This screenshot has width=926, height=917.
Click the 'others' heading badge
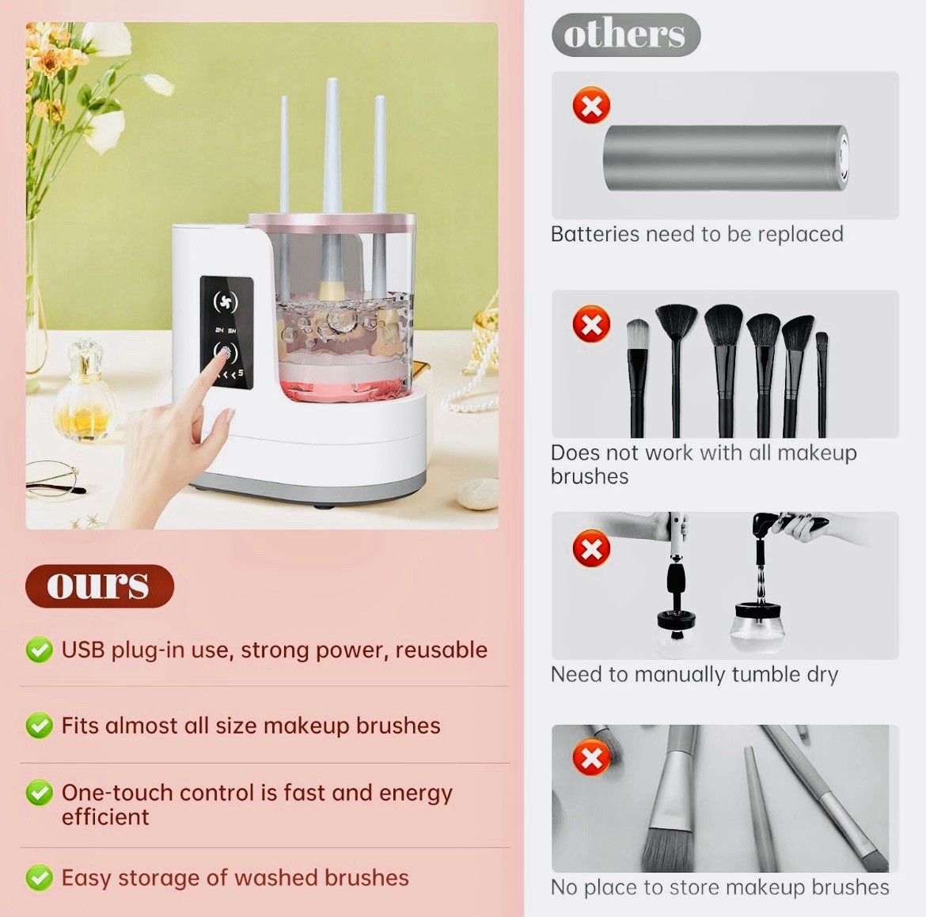click(626, 35)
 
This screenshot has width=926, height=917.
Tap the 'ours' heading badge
click(99, 585)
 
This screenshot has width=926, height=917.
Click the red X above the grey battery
click(591, 106)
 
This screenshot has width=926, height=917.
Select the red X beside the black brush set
click(591, 324)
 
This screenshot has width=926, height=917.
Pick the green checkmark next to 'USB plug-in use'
click(39, 650)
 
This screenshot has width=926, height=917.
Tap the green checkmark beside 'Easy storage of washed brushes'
click(39, 877)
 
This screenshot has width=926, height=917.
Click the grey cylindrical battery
click(726, 157)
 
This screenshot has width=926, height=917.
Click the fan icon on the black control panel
click(225, 301)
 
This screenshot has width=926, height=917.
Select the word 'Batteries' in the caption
click(595, 234)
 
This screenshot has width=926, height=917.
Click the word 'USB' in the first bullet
click(83, 650)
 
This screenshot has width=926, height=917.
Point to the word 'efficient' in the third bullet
click(106, 817)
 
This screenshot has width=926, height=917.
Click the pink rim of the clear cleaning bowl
click(332, 222)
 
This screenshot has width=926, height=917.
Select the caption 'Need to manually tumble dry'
click(695, 675)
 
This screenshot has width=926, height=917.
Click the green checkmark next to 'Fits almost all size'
click(39, 725)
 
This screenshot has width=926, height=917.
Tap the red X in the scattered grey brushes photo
click(591, 757)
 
